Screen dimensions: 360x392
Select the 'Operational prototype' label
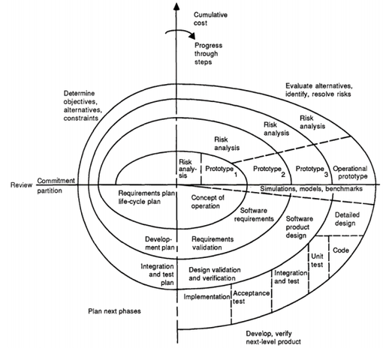[x=349, y=172]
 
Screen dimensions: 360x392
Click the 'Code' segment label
[x=340, y=248]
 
